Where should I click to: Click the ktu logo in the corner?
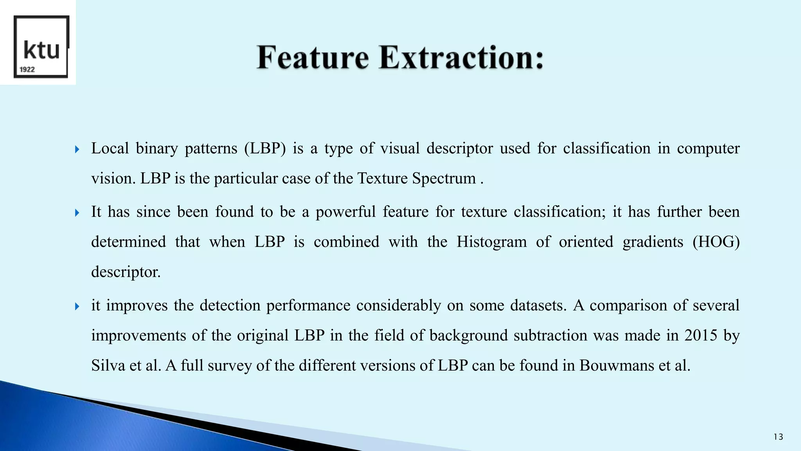41,47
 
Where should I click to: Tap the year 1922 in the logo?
27,70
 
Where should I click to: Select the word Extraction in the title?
461,58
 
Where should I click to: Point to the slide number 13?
778,437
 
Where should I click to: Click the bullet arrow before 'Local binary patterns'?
77,149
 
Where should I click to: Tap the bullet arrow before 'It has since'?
77,213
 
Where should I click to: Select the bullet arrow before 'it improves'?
77,306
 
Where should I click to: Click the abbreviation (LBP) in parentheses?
265,149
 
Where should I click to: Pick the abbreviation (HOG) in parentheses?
716,242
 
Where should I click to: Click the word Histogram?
492,242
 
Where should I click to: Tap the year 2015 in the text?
700,336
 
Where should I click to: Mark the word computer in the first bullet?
708,149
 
